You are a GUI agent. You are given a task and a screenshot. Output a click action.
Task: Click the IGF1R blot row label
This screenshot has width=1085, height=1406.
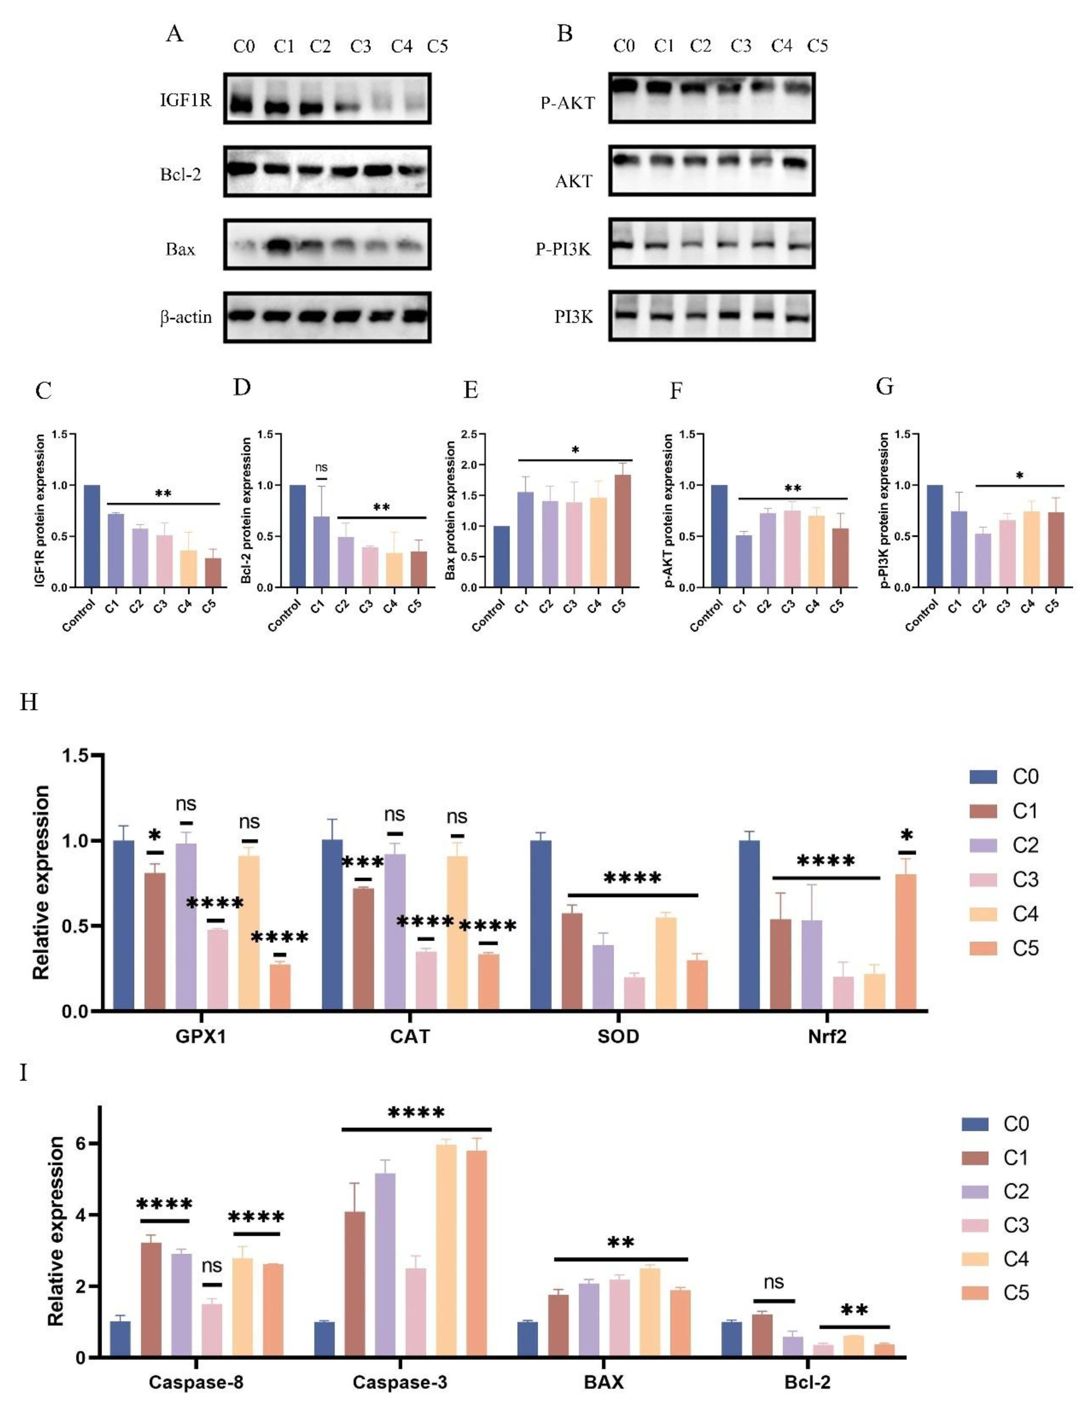(186, 100)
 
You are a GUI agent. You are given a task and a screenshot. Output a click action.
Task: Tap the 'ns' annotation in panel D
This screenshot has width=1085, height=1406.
(321, 467)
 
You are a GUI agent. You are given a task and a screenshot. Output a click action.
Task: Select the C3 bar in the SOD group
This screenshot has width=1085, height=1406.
(634, 993)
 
